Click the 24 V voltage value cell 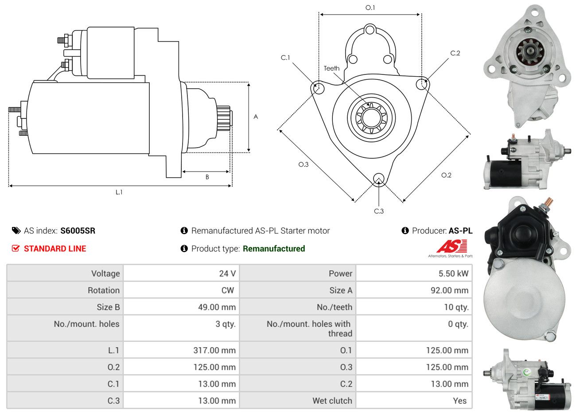[x=227, y=274]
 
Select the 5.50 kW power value [x=453, y=274]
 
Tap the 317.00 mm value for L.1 [x=214, y=350]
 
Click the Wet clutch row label [x=332, y=401]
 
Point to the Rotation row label [x=103, y=290]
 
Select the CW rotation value [x=227, y=290]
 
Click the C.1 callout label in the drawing [x=285, y=58]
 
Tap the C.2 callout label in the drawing [x=455, y=53]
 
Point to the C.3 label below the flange [x=379, y=211]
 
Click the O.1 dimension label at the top [x=370, y=8]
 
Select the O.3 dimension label [x=303, y=164]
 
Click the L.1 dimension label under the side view [x=119, y=192]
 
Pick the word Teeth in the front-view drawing [x=331, y=68]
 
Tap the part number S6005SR [x=78, y=231]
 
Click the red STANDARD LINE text [x=54, y=249]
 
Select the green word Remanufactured [x=274, y=249]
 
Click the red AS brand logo [x=451, y=246]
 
